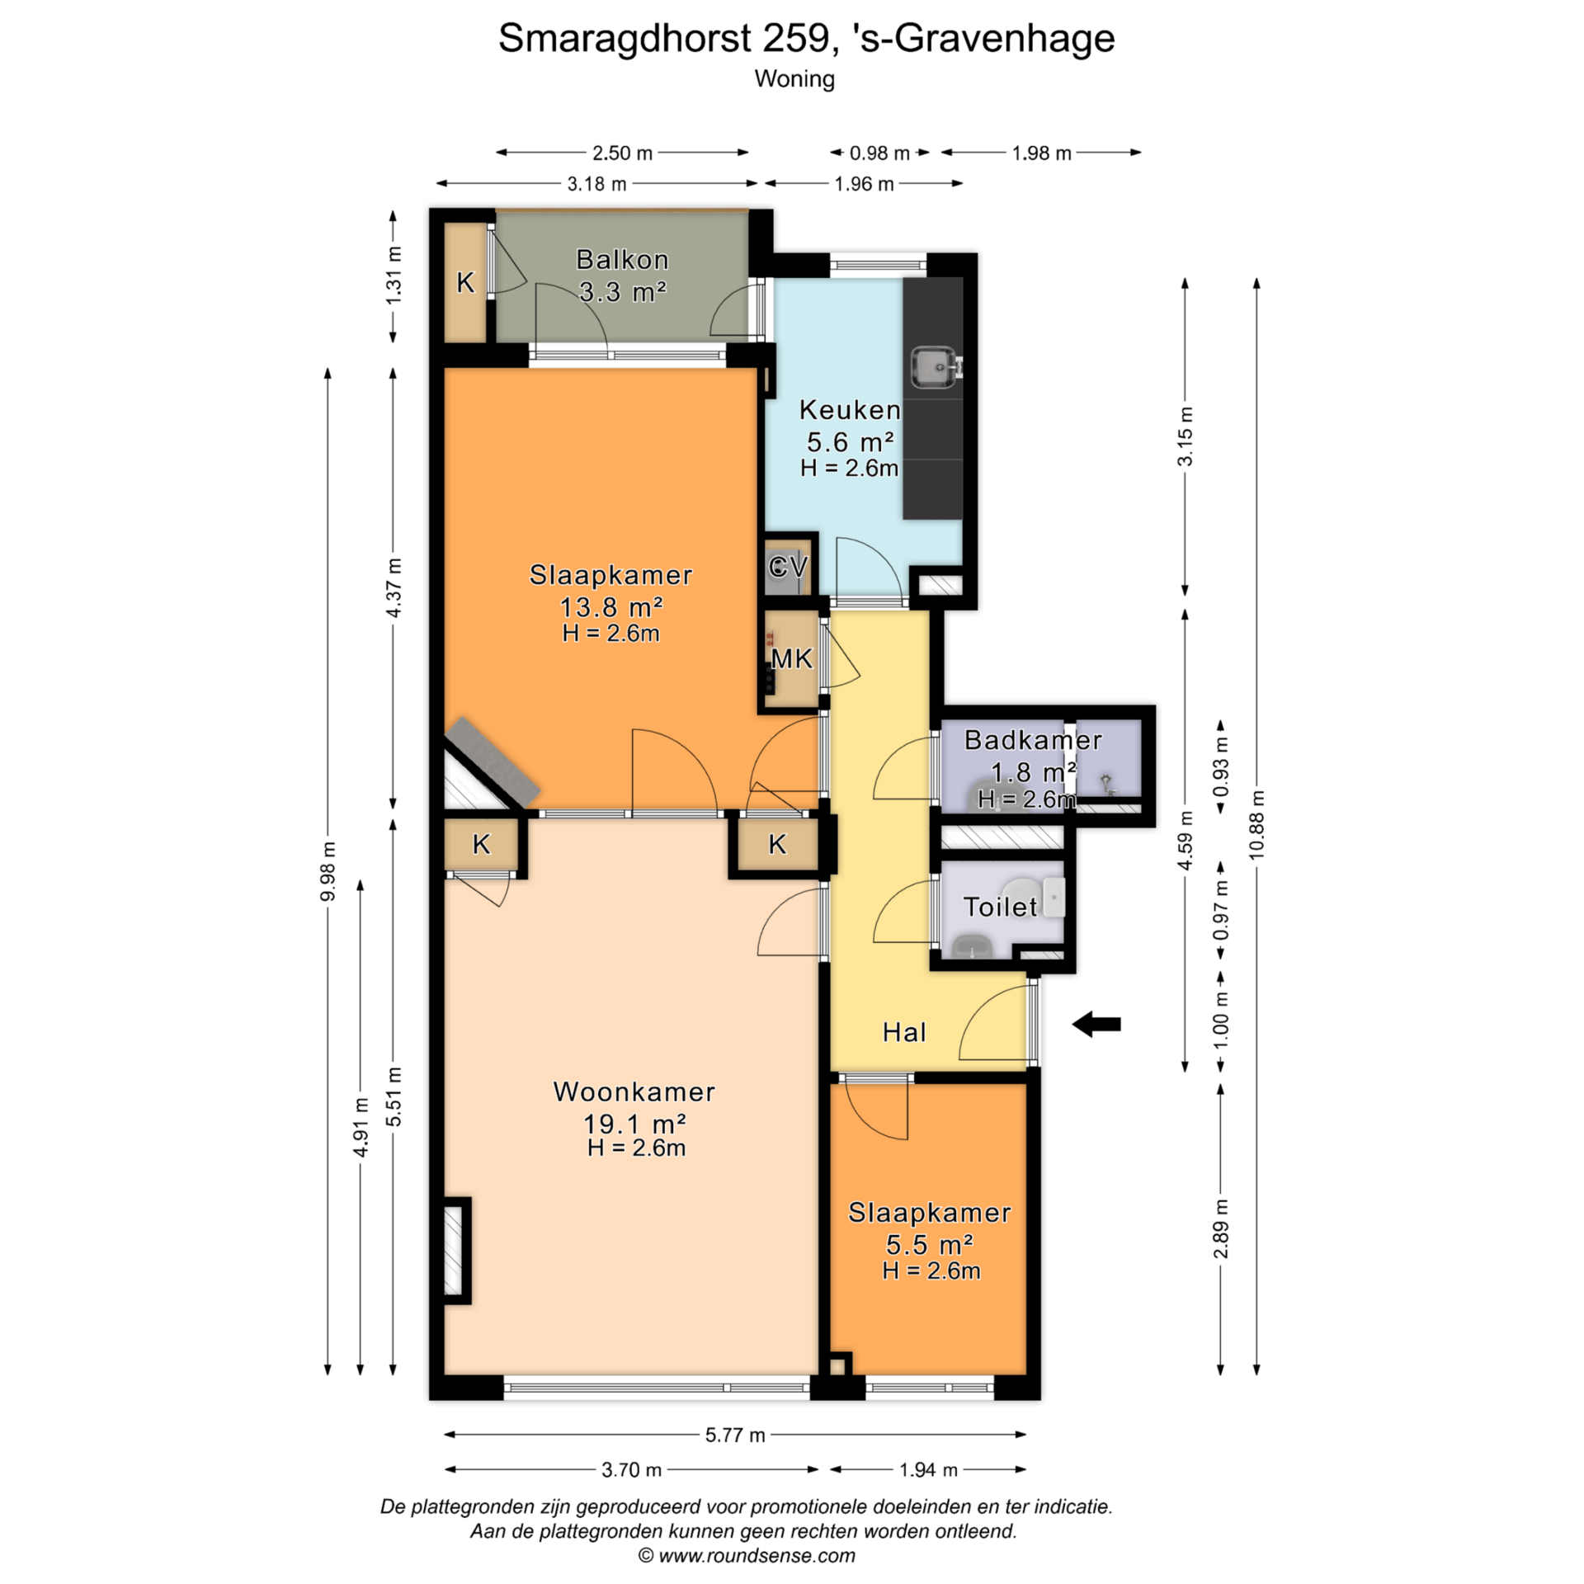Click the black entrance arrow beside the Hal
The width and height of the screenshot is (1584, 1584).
[1096, 1025]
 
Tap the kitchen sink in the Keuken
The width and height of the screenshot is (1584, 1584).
[936, 366]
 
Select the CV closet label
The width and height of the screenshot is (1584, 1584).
[788, 567]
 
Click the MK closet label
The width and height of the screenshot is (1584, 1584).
[792, 658]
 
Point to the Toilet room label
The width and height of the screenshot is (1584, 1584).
[1001, 907]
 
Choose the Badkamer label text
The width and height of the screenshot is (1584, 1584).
[1033, 740]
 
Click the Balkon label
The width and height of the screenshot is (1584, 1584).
[622, 260]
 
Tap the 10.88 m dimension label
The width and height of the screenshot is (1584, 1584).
[1256, 824]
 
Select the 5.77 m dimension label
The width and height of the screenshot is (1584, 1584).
[735, 1435]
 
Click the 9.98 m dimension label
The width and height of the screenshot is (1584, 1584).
[328, 871]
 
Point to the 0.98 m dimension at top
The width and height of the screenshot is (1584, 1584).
[879, 153]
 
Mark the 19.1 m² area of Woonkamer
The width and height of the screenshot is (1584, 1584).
[635, 1124]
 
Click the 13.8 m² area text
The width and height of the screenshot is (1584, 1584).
[611, 607]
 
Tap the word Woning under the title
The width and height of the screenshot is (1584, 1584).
[794, 79]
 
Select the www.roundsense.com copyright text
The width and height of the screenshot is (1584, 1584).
[747, 1556]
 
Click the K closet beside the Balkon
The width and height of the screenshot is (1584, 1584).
[465, 282]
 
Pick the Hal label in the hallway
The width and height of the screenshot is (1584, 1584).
[904, 1032]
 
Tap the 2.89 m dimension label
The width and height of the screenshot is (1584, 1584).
[1221, 1229]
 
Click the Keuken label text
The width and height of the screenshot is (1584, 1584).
[850, 410]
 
